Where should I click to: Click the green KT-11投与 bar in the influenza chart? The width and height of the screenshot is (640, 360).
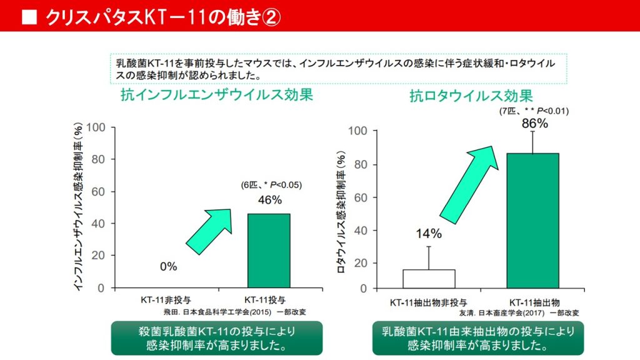click(x=269, y=251)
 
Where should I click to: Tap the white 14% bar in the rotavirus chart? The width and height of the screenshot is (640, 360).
click(x=428, y=279)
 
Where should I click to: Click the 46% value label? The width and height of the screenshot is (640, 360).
click(x=270, y=201)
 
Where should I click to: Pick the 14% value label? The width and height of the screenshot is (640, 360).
click(x=429, y=234)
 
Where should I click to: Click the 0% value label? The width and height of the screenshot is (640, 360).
click(x=168, y=266)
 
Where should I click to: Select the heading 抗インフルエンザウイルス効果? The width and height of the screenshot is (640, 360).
click(x=217, y=95)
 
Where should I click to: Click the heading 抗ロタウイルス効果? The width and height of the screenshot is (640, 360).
click(x=471, y=96)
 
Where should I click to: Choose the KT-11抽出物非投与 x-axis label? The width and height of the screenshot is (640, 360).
click(x=428, y=302)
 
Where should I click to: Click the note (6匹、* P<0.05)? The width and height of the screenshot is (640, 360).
click(x=271, y=185)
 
